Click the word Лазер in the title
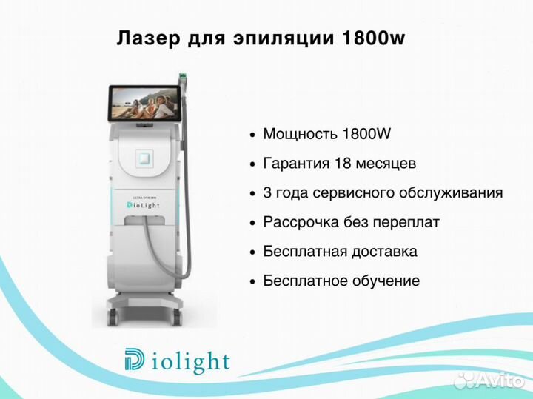click(148, 38)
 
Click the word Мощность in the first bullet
click(300, 134)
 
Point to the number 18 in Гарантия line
click(343, 164)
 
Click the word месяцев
click(386, 164)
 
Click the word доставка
click(384, 252)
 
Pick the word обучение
click(386, 281)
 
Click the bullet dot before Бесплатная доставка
click(252, 252)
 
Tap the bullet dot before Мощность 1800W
click(252, 135)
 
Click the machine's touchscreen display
click(144, 103)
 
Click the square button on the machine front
click(145, 158)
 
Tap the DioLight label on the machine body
click(143, 205)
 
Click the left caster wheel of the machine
click(113, 317)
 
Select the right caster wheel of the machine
click(176, 317)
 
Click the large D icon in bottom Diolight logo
click(134, 359)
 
